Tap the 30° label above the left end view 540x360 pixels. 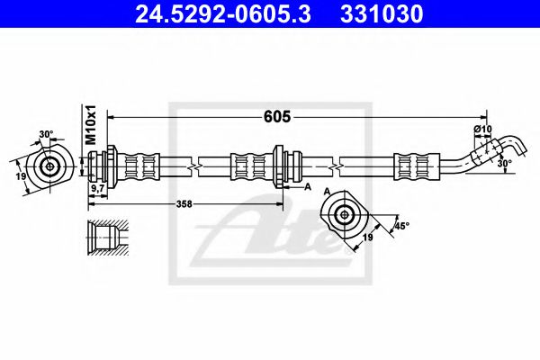(47, 136)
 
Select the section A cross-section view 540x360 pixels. (344, 213)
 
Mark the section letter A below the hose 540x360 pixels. (307, 188)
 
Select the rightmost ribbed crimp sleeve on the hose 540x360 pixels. (413, 166)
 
